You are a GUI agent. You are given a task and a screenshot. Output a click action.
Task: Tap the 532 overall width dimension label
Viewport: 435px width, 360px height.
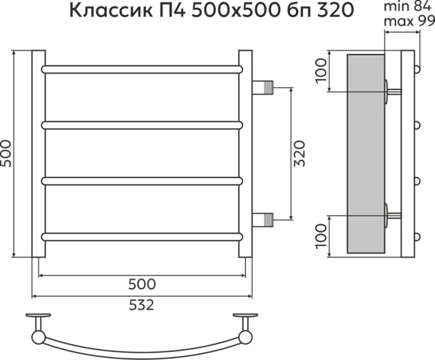pyautogui.click(x=142, y=305)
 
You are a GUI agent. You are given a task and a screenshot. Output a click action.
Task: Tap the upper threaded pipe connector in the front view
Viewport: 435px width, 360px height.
pyautogui.click(x=263, y=88)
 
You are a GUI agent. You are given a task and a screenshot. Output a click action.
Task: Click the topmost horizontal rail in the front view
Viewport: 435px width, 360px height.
pyautogui.click(x=142, y=69)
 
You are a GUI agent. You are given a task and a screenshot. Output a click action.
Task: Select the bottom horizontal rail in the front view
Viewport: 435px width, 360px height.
pyautogui.click(x=142, y=236)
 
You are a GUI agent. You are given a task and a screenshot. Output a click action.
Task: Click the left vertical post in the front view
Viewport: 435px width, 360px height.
pyautogui.click(x=38, y=154)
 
